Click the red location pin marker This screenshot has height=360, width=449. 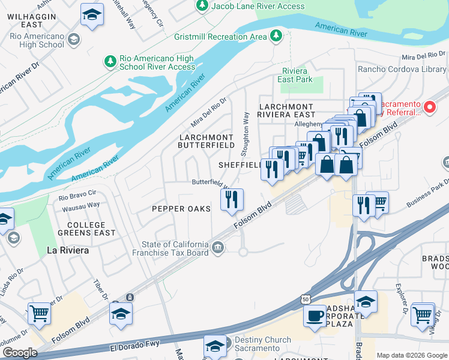click(x=430, y=107)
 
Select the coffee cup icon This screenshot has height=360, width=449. click(x=314, y=316)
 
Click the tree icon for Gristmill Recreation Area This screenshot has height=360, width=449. click(x=276, y=36)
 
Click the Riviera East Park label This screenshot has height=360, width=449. click(x=298, y=75)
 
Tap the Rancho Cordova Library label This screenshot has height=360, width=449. click(x=402, y=70)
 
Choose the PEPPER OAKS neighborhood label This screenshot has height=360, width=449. click(x=181, y=209)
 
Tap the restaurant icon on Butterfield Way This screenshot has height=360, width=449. click(x=232, y=199)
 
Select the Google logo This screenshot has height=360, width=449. click(x=20, y=353)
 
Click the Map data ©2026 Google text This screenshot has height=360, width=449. click(x=411, y=355)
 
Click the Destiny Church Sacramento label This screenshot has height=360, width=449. click(x=258, y=344)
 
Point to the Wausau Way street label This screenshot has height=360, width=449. click(x=81, y=205)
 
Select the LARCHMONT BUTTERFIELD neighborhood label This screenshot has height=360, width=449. click(x=206, y=141)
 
